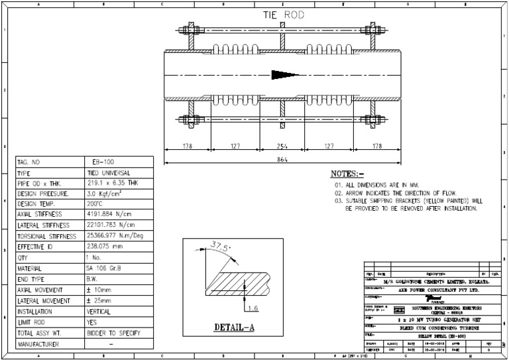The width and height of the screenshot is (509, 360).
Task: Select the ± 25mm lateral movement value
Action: click(x=99, y=301)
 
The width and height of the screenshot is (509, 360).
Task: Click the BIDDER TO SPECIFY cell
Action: click(x=115, y=333)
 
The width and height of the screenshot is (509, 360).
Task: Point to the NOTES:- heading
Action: click(x=347, y=174)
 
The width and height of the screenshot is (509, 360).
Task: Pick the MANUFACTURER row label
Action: click(x=41, y=344)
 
